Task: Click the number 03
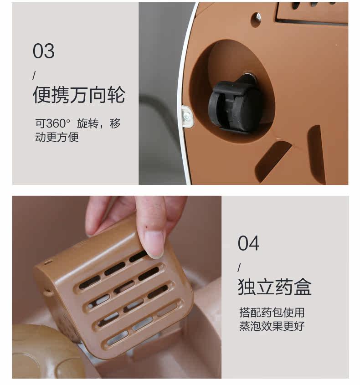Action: click(x=43, y=51)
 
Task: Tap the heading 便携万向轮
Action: click(x=79, y=94)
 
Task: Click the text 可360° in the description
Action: click(x=52, y=123)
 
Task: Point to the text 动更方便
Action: click(x=57, y=137)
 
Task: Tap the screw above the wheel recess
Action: click(x=258, y=17)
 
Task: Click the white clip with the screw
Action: click(x=188, y=116)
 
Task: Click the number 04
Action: click(x=248, y=243)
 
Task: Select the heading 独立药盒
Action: click(x=274, y=287)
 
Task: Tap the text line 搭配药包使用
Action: click(x=272, y=312)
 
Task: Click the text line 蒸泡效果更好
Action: click(x=272, y=326)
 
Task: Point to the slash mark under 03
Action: click(x=34, y=75)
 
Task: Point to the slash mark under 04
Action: click(x=239, y=267)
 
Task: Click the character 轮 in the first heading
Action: click(x=116, y=94)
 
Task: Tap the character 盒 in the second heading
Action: click(x=303, y=287)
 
